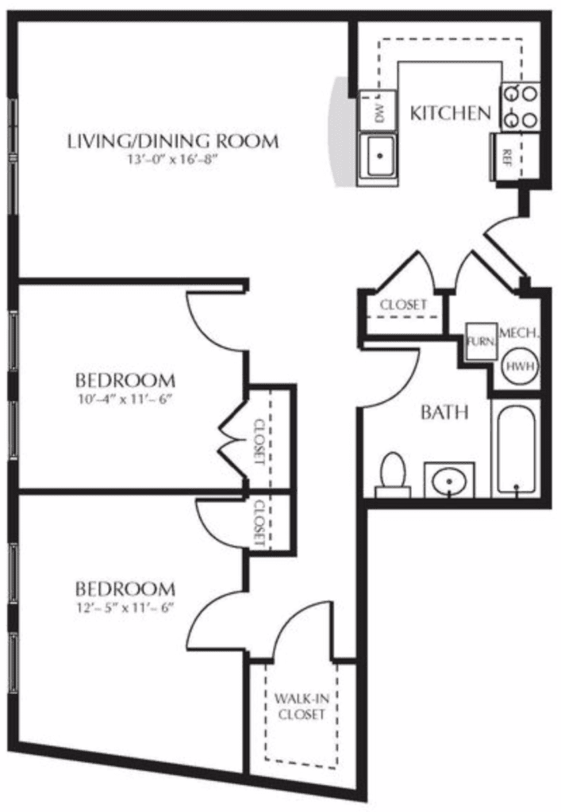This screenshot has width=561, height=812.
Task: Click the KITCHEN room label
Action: (450, 113)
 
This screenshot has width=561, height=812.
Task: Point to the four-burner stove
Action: (520, 106)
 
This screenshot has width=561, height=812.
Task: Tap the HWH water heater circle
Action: (514, 366)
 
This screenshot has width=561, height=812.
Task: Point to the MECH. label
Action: (520, 334)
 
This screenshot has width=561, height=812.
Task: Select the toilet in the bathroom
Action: (393, 474)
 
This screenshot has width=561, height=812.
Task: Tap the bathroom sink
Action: (448, 481)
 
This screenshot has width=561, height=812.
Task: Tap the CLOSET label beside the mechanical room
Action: (403, 304)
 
